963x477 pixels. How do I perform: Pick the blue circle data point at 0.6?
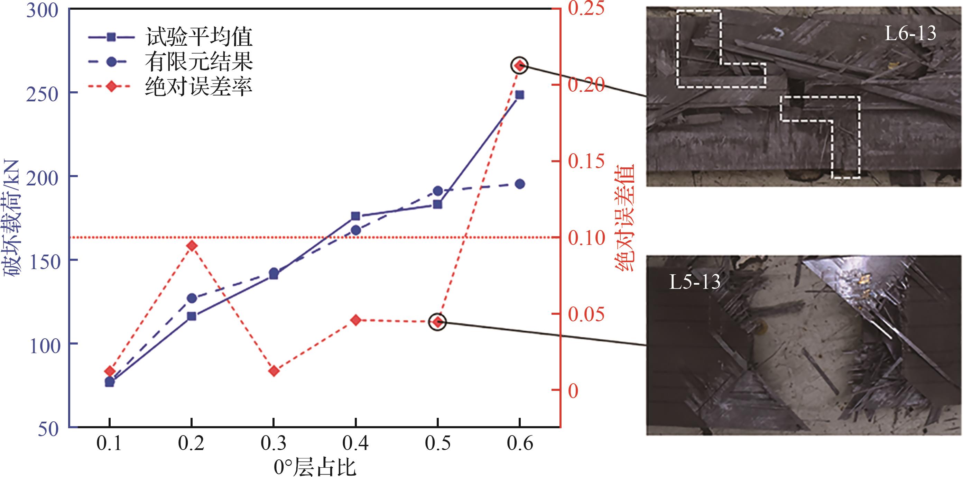520,184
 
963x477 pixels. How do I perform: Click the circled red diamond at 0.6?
519,66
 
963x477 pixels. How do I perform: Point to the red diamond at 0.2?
192,246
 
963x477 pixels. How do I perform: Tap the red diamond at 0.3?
274,371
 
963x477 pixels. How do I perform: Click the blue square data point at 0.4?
355,216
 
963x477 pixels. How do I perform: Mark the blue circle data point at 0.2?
192,298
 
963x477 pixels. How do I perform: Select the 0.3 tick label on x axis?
273,444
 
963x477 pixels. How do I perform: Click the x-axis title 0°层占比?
315,467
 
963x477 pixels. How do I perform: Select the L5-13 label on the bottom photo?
695,282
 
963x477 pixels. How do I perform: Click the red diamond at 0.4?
355,320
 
